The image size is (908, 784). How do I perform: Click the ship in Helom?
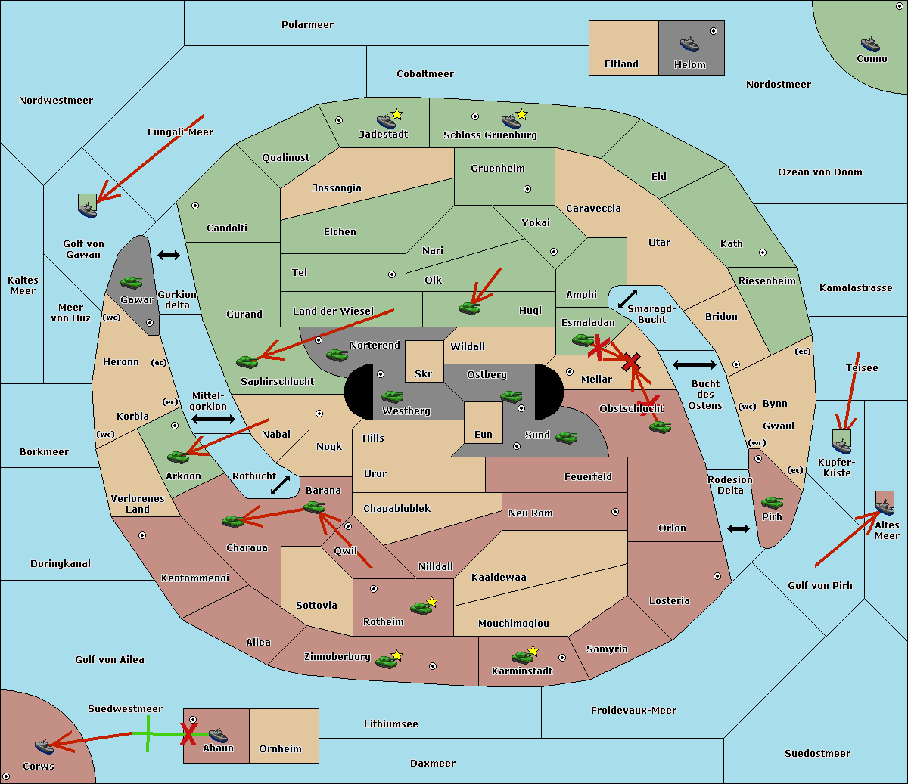(x=689, y=43)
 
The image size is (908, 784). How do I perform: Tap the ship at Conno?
(x=870, y=44)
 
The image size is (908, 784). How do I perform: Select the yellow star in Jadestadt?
(x=397, y=114)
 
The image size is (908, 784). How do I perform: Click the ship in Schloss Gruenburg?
(x=511, y=120)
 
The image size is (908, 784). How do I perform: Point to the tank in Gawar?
(x=132, y=282)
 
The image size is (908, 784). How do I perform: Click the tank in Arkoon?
(x=179, y=456)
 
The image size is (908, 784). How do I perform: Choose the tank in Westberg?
(x=392, y=396)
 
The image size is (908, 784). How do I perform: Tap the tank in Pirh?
(x=772, y=502)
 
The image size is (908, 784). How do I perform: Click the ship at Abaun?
(x=218, y=734)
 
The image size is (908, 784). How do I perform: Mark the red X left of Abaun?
(x=188, y=733)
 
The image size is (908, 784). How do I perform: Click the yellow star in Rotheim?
(x=432, y=602)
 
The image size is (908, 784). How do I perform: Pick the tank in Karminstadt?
(x=522, y=657)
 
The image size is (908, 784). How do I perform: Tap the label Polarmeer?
(x=307, y=25)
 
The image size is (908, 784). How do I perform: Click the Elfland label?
(x=621, y=64)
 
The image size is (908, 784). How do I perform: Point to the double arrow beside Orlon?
(x=739, y=528)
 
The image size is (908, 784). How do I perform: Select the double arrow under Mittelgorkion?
(x=213, y=420)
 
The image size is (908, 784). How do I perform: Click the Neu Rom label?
(x=530, y=513)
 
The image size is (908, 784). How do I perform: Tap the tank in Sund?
(x=566, y=436)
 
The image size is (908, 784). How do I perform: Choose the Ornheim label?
(x=280, y=749)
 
